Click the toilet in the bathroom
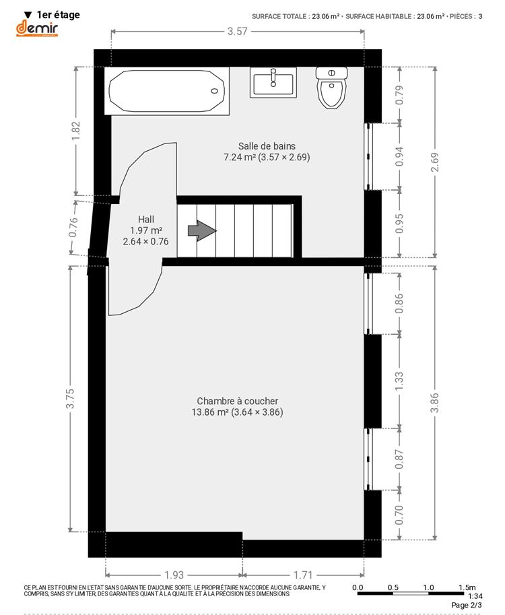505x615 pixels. [332, 88]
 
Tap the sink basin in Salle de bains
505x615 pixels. [273, 83]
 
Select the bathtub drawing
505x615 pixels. [166, 91]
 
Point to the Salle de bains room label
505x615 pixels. [267, 146]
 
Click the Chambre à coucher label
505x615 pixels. [237, 401]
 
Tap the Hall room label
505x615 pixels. [146, 219]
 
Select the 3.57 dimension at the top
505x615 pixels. [238, 32]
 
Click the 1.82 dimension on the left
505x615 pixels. [75, 131]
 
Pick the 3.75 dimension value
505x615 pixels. [70, 399]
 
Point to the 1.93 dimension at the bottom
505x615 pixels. [174, 575]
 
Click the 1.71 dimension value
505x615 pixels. [303, 575]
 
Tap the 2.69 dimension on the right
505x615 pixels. [435, 162]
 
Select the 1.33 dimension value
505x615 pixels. [399, 381]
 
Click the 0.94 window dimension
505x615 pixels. [399, 156]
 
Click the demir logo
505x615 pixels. [37, 29]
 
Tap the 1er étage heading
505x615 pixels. [58, 15]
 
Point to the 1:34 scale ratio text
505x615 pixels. [475, 596]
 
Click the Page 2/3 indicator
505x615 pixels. [467, 605]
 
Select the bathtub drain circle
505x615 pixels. [215, 91]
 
